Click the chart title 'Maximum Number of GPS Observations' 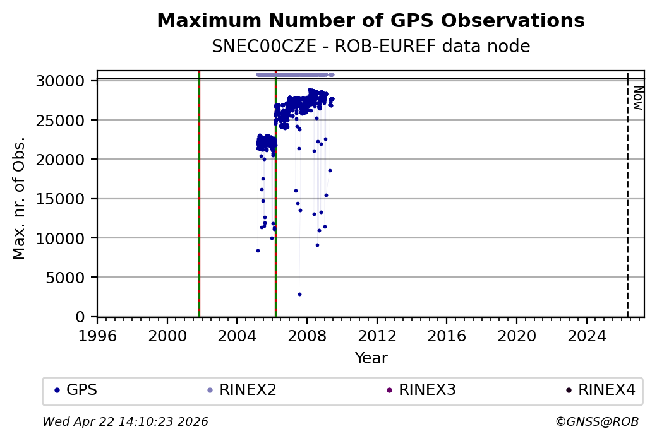point(370,21)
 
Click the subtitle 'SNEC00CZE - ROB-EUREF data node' point(370,47)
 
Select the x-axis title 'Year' point(371,358)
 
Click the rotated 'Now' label point(637,97)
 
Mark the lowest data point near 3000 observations point(299,294)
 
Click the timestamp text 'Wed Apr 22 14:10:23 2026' point(125,421)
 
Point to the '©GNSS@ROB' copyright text point(596,421)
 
